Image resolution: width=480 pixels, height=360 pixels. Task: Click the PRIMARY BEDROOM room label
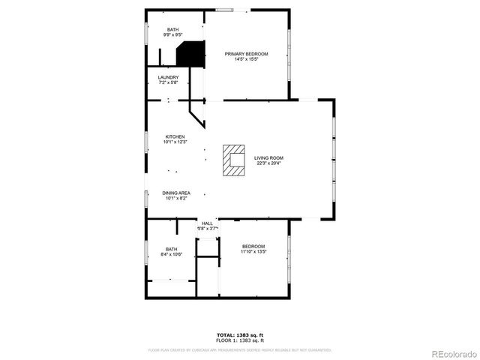click(247, 54)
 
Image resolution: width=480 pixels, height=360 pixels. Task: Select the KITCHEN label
click(175, 136)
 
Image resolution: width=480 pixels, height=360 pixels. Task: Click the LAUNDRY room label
click(168, 77)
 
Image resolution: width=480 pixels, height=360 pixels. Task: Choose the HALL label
click(207, 223)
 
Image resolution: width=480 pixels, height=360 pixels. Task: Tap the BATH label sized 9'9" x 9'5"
click(172, 29)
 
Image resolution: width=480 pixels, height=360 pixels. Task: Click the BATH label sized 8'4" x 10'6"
click(171, 249)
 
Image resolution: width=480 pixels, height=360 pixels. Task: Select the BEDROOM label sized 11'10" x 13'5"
click(253, 247)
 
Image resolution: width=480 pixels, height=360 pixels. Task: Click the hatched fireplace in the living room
click(234, 160)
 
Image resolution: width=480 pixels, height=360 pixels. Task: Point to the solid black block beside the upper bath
click(190, 54)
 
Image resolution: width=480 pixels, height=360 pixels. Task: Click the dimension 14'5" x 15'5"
click(247, 59)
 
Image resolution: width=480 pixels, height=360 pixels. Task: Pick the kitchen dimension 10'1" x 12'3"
click(175, 142)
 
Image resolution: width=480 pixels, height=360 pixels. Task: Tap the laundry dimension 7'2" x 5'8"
click(168, 82)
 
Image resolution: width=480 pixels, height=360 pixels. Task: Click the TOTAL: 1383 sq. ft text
click(239, 334)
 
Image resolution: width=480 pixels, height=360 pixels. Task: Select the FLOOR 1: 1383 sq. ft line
click(239, 340)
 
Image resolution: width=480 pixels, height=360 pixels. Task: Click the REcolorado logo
click(451, 352)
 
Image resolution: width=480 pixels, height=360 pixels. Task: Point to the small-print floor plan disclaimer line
click(239, 349)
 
